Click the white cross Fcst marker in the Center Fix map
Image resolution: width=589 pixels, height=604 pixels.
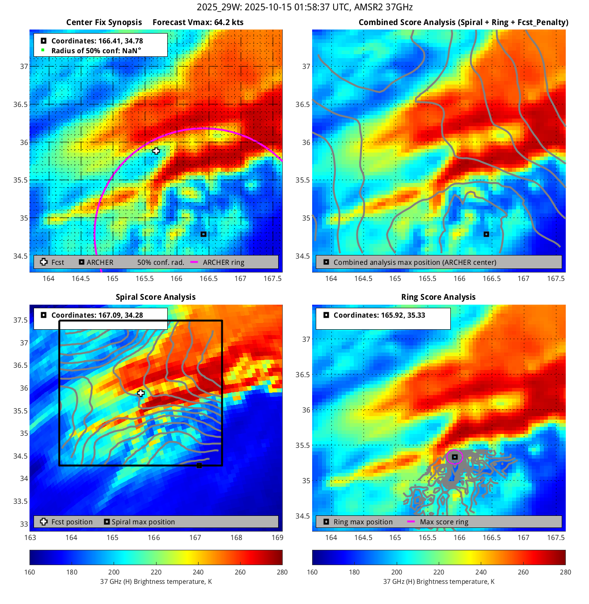[156, 151]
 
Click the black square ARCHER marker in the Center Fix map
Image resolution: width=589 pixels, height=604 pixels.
[203, 234]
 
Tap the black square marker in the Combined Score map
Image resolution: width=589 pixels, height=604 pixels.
[486, 234]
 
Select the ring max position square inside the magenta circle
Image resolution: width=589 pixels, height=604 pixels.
[454, 457]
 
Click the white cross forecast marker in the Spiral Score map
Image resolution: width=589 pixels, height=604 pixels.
[141, 393]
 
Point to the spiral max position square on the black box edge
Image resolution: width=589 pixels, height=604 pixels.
[199, 465]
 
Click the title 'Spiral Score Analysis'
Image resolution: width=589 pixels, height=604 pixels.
[156, 297]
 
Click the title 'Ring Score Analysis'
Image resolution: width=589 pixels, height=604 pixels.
[438, 297]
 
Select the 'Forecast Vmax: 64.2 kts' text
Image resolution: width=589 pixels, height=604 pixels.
[198, 22]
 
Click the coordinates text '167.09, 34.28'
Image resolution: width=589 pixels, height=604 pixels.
[120, 315]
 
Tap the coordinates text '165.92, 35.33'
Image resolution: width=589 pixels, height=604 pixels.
[403, 315]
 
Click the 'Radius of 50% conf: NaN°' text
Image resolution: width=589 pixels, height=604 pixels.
[96, 51]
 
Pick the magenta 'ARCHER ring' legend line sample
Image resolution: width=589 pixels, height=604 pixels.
[194, 262]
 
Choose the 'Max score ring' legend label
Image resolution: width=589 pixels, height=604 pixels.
[444, 522]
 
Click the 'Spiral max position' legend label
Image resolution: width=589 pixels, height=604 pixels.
[143, 522]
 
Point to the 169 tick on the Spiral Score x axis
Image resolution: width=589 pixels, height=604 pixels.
[277, 537]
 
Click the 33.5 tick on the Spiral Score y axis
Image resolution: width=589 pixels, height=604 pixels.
[21, 501]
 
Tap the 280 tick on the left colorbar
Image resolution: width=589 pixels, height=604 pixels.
[282, 572]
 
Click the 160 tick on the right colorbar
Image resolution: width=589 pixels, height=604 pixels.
[312, 572]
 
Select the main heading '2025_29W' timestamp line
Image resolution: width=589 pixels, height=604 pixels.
[305, 7]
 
